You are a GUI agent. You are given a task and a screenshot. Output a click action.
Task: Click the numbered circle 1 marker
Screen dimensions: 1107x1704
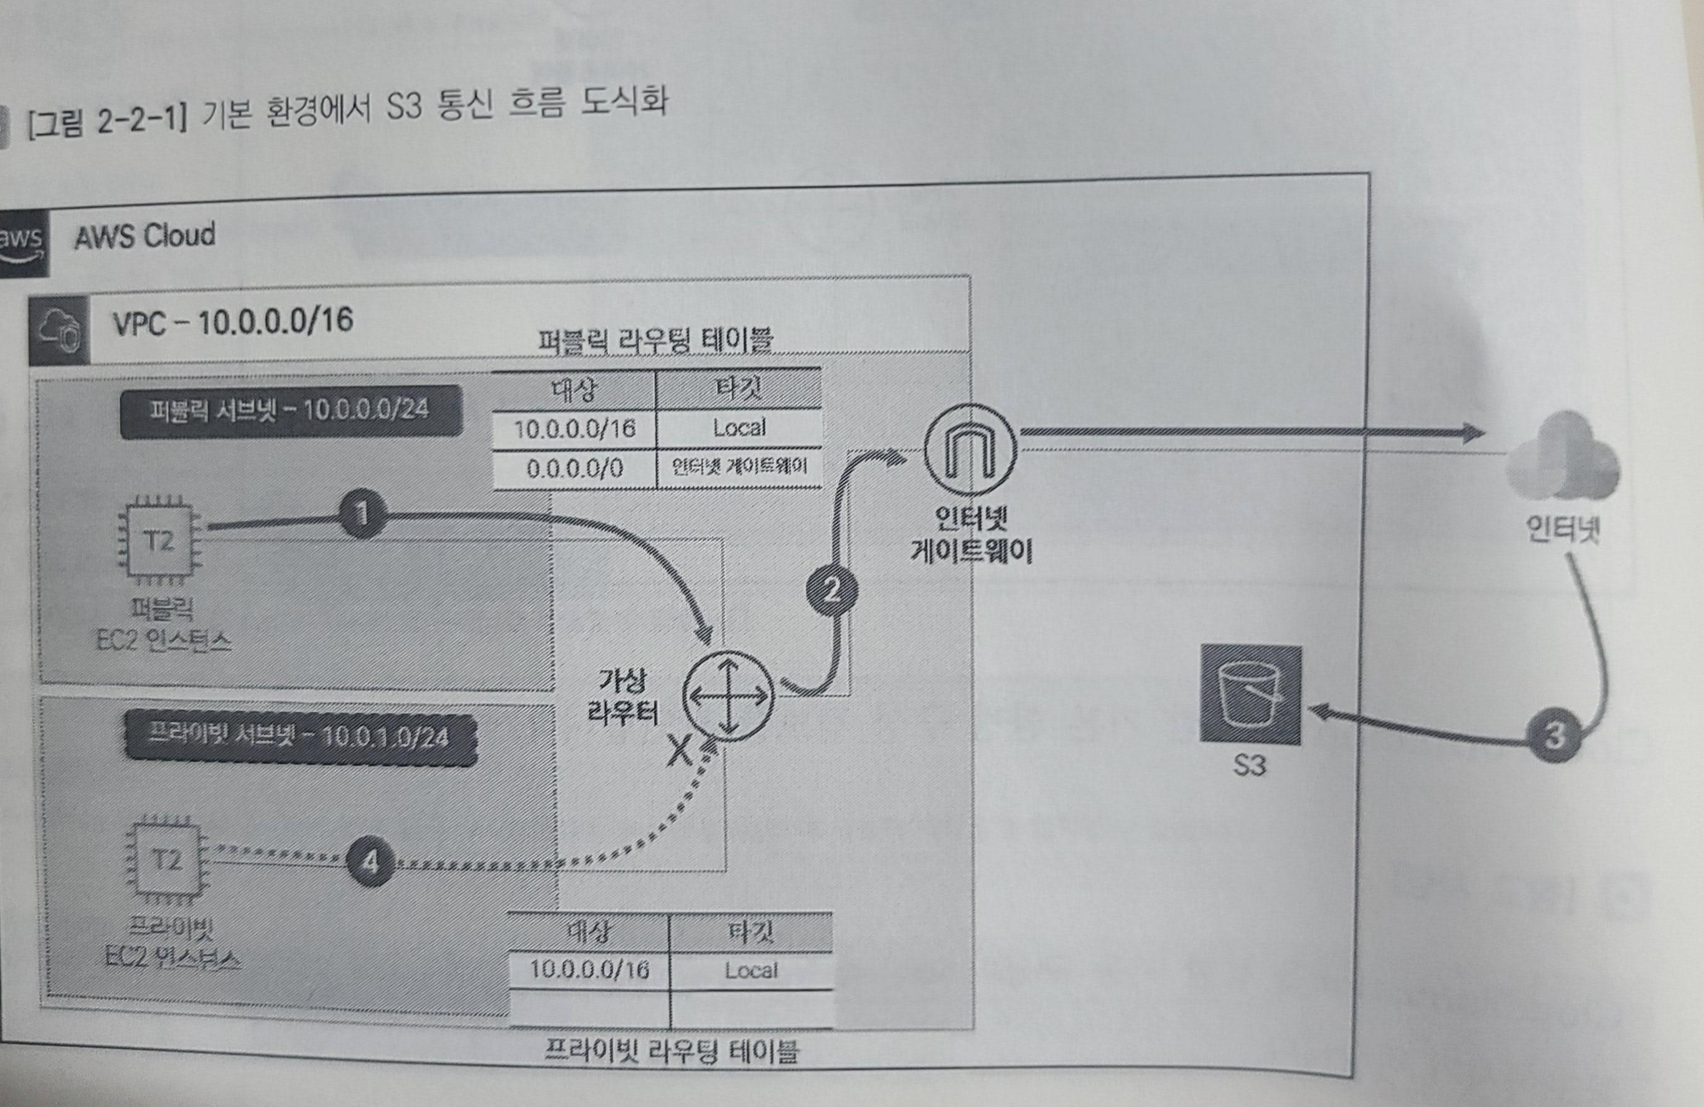point(362,513)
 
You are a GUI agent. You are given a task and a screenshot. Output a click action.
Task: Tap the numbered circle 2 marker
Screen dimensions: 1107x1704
point(832,590)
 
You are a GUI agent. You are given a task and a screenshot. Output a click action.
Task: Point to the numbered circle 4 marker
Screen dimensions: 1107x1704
point(370,861)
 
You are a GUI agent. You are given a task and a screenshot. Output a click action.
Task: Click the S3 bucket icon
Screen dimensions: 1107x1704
point(1250,695)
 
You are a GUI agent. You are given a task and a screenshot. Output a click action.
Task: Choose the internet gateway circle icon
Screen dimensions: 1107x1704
point(970,449)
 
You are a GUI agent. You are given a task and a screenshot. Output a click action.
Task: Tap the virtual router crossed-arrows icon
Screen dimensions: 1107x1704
point(728,696)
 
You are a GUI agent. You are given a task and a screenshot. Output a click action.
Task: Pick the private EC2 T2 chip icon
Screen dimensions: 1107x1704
point(166,859)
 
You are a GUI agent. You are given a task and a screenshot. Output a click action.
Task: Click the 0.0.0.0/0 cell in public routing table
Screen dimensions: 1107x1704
point(574,469)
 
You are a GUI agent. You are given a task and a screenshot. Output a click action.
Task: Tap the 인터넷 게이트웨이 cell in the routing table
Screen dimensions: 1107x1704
point(739,467)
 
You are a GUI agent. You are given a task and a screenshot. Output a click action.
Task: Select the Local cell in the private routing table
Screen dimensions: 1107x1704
point(751,971)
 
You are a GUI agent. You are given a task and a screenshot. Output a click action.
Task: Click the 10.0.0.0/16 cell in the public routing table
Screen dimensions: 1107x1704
point(574,429)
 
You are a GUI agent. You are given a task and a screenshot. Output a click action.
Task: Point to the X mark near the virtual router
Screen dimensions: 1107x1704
point(679,751)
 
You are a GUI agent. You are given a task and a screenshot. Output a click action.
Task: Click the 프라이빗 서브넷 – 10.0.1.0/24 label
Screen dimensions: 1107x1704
point(300,737)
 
